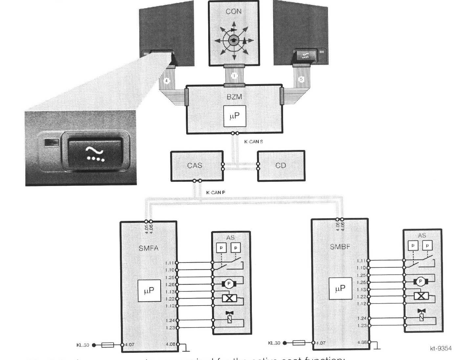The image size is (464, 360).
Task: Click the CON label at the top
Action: click(233, 11)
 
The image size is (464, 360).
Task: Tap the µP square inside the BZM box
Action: click(234, 116)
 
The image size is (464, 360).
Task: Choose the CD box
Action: click(281, 166)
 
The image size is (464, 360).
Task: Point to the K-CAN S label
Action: click(253, 142)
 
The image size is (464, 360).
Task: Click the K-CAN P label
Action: click(215, 193)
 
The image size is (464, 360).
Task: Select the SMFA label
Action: click(148, 248)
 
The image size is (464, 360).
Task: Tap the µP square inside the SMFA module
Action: click(149, 291)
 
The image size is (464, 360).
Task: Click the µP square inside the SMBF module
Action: click(341, 289)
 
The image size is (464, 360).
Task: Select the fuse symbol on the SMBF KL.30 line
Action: click(299, 343)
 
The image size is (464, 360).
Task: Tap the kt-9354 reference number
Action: click(441, 349)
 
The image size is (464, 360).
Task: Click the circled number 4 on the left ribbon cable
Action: click(167, 81)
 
